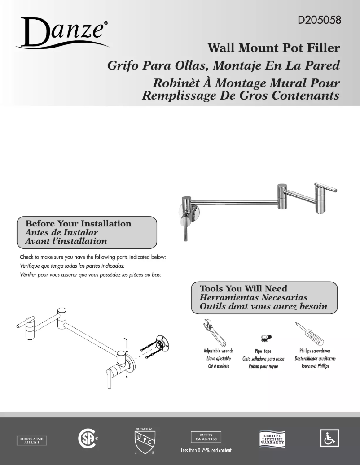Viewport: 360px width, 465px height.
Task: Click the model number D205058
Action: (318, 20)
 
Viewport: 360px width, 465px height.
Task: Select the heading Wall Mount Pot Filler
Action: (274, 48)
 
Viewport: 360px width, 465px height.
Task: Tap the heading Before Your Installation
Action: (79, 223)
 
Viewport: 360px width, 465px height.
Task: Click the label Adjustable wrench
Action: (218, 351)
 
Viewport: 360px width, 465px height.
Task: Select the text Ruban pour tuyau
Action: (263, 367)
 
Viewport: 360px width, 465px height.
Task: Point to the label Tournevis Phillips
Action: (315, 366)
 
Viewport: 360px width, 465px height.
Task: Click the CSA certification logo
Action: (87, 438)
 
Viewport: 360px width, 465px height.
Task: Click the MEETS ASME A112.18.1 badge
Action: (32, 439)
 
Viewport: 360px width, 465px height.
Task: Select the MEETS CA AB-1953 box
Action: (206, 437)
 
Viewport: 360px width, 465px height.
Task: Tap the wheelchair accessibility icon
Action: (329, 438)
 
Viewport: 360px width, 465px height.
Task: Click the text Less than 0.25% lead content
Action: (206, 450)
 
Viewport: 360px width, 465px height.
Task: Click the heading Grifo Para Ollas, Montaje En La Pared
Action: (223, 65)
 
